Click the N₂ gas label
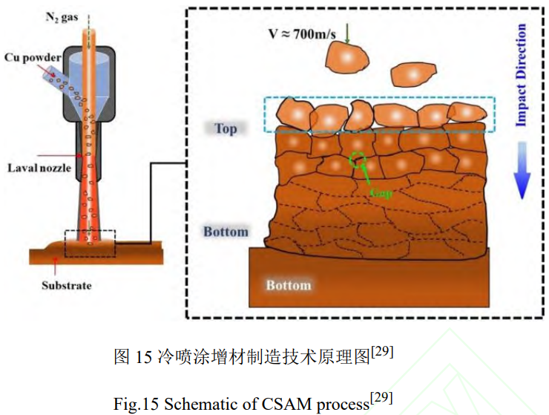[x=62, y=17]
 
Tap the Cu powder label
[x=33, y=57]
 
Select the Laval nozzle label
[x=39, y=168]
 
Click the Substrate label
[x=67, y=285]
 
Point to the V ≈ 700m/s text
[x=302, y=34]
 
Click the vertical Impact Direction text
[x=521, y=75]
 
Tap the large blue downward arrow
[x=522, y=171]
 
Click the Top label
[x=226, y=128]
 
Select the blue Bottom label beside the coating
[x=226, y=232]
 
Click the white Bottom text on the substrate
[x=289, y=285]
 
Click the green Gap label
[x=381, y=192]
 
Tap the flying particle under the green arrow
[x=347, y=57]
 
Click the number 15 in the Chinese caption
[x=143, y=357]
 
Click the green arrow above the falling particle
[x=347, y=33]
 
